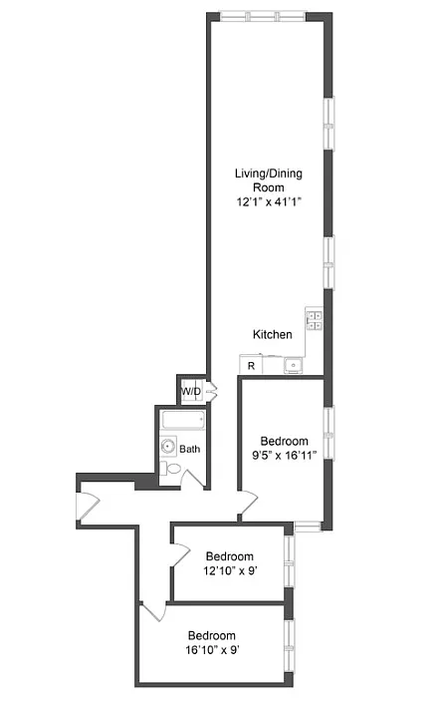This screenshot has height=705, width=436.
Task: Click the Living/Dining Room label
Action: pyautogui.click(x=269, y=180)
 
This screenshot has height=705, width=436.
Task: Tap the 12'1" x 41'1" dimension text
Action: pyautogui.click(x=269, y=201)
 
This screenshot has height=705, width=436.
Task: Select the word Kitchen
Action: pyautogui.click(x=273, y=334)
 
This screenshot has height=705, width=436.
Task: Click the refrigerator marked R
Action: pyautogui.click(x=251, y=365)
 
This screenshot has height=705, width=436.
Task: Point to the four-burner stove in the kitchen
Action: pyautogui.click(x=315, y=320)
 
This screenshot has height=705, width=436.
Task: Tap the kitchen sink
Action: pyautogui.click(x=294, y=366)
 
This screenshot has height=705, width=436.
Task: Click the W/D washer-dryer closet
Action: pyautogui.click(x=191, y=391)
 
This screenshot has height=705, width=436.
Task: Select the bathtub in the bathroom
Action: pyautogui.click(x=183, y=421)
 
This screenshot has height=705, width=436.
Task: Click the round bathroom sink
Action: pyautogui.click(x=168, y=447)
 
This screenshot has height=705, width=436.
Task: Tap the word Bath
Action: pyautogui.click(x=189, y=449)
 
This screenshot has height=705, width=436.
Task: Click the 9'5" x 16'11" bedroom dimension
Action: pyautogui.click(x=285, y=456)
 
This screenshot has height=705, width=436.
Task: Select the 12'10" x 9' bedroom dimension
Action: pyautogui.click(x=230, y=571)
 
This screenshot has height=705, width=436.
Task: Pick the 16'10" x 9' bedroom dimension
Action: pyautogui.click(x=212, y=650)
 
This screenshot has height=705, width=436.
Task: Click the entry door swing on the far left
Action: pyautogui.click(x=88, y=507)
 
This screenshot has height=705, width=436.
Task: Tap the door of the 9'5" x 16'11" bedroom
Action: pyautogui.click(x=248, y=503)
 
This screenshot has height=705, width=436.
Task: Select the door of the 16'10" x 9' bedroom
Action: pyautogui.click(x=153, y=611)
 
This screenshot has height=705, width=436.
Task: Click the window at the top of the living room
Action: pyautogui.click(x=263, y=17)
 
